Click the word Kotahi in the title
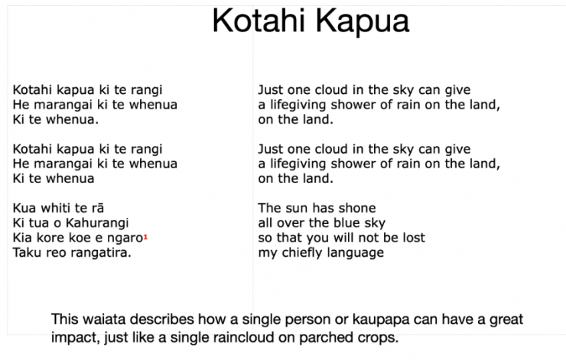tap(259, 21)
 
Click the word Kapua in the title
tap(362, 22)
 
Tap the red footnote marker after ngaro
tap(146, 237)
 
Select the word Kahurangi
tap(97, 223)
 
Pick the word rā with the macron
tap(97, 208)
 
